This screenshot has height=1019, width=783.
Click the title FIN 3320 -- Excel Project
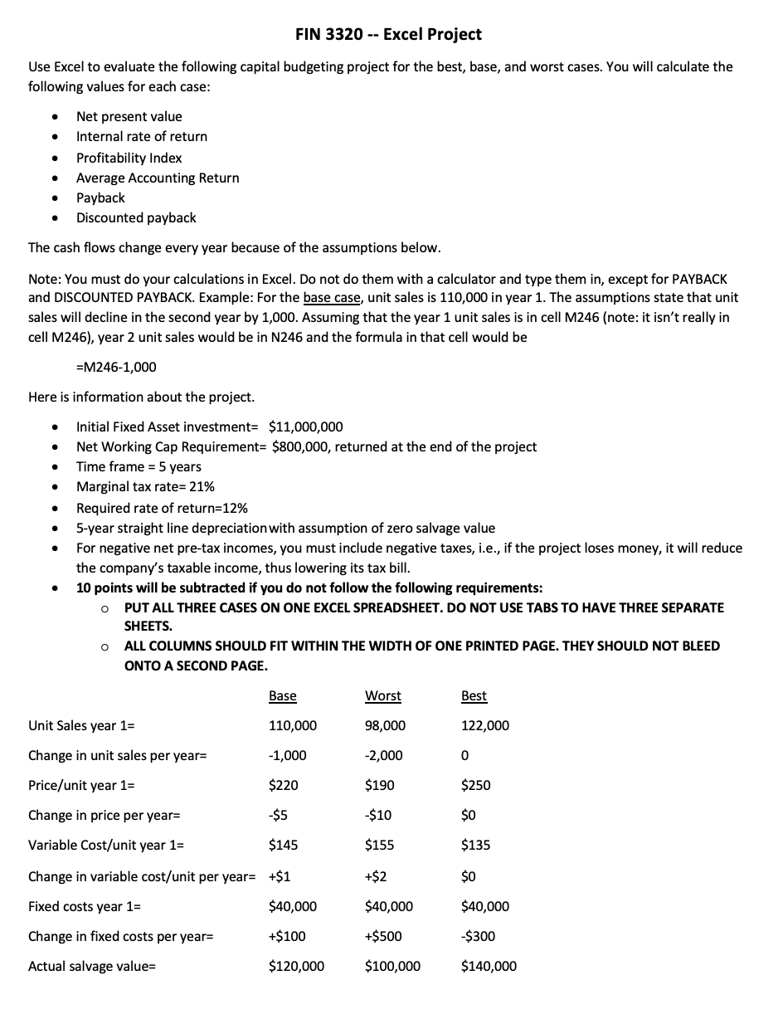[388, 34]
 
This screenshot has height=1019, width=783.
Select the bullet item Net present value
[129, 116]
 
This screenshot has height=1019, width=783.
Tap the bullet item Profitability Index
[129, 157]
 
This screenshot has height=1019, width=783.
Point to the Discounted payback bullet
[136, 217]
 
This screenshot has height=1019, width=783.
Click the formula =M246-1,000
[115, 367]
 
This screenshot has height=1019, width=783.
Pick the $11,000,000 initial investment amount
[306, 427]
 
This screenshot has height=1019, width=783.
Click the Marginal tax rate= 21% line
[145, 486]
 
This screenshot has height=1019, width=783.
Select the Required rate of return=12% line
[162, 508]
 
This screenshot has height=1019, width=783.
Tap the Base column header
[283, 695]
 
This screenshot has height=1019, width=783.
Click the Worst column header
[382, 695]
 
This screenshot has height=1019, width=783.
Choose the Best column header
[474, 695]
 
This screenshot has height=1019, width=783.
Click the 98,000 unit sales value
[385, 725]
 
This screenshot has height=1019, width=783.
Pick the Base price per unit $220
[284, 785]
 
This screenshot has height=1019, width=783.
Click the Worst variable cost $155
[379, 845]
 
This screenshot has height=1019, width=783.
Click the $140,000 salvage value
[489, 966]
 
